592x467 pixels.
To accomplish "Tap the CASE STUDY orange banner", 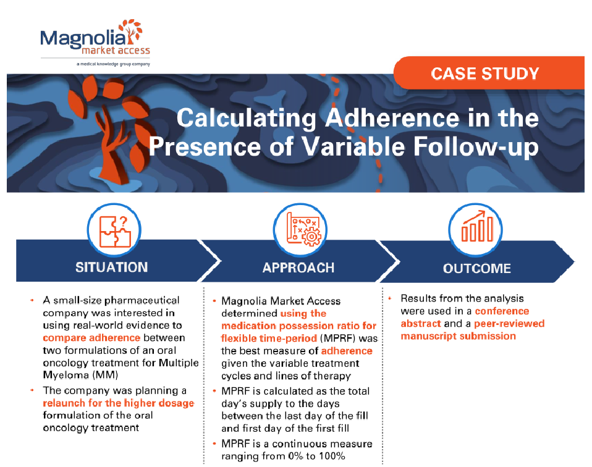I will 484,74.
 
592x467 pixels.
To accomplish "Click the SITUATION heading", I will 111,267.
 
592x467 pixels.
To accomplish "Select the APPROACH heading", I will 298,267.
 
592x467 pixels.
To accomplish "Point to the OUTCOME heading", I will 476,268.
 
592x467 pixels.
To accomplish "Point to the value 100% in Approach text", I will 331,456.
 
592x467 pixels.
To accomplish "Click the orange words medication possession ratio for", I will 307,326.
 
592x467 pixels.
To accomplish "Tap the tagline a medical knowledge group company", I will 113,64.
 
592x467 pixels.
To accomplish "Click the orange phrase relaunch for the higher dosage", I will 118,403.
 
